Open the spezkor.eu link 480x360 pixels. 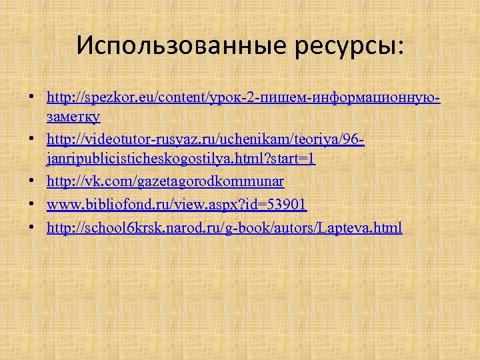(243, 98)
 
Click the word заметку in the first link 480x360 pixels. (74, 117)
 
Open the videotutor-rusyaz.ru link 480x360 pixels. (206, 141)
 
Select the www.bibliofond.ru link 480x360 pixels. (177, 204)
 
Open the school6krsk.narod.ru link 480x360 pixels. (224, 227)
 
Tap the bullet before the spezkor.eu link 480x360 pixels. (32, 99)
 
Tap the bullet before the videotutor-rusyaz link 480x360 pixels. (32, 141)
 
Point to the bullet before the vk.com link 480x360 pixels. (32, 182)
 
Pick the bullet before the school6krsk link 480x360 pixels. (32, 228)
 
